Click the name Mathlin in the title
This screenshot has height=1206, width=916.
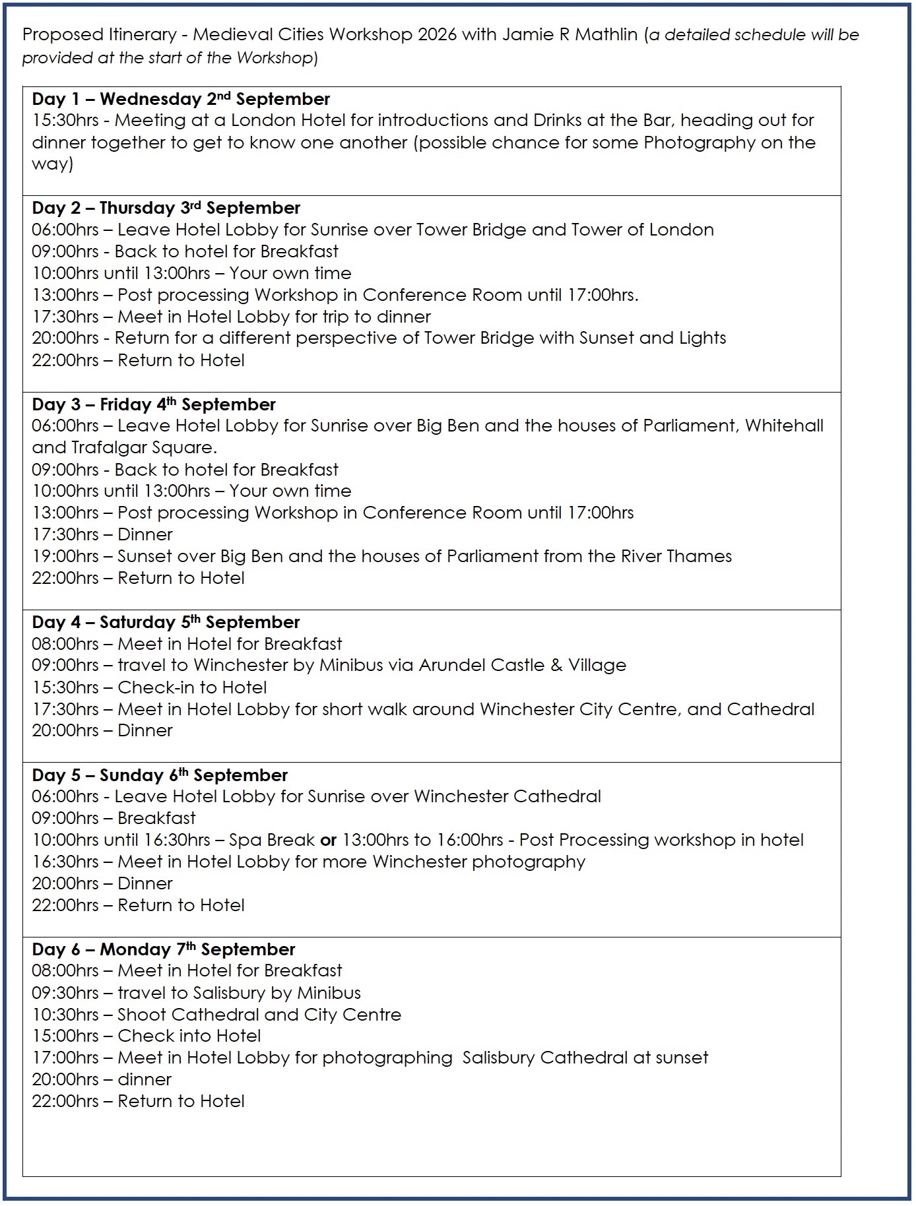(x=606, y=34)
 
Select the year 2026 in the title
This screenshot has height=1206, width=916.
(x=437, y=34)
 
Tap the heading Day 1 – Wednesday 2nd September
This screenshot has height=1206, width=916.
(x=181, y=99)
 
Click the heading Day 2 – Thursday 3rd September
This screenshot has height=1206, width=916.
(x=166, y=208)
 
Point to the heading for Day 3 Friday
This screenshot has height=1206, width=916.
(x=154, y=404)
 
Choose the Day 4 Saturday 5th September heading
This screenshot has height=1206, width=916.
(x=166, y=622)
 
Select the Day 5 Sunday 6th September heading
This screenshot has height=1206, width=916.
(x=160, y=775)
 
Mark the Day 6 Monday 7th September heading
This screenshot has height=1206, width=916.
(x=163, y=949)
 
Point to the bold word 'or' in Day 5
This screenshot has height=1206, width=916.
(x=329, y=840)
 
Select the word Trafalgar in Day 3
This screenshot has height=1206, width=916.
(x=95, y=447)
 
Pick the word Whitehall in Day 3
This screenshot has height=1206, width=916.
(x=784, y=426)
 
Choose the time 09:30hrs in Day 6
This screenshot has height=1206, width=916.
(x=65, y=993)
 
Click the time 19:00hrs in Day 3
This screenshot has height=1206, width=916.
(x=65, y=556)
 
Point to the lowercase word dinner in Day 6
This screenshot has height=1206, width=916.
(x=145, y=1079)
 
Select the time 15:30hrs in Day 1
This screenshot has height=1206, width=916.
(x=65, y=121)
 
